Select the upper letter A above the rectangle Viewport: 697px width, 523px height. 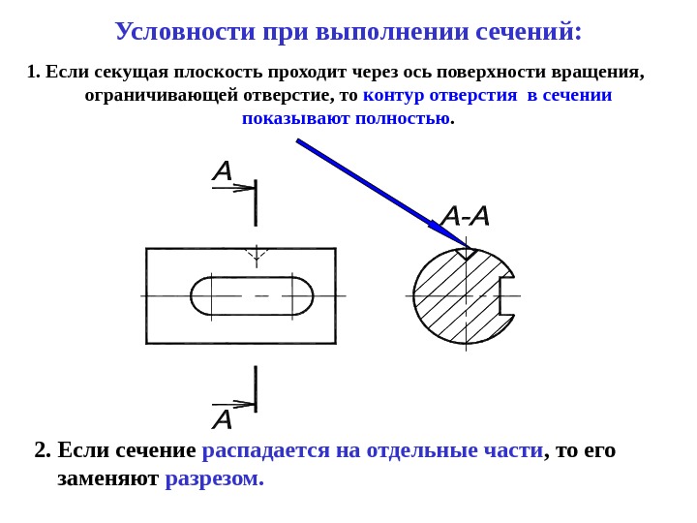(x=223, y=171)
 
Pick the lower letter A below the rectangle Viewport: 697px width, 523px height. (x=223, y=419)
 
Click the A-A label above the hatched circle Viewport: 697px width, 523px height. (x=465, y=216)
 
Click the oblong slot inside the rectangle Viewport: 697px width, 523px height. (x=252, y=295)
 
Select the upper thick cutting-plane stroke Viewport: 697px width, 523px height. (x=256, y=201)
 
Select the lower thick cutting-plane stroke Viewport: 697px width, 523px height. (x=256, y=388)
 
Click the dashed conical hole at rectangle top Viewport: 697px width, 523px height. (x=256, y=256)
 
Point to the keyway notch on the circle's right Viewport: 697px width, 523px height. (x=506, y=294)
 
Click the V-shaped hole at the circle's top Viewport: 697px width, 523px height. (x=466, y=254)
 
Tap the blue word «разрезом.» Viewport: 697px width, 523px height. (x=214, y=478)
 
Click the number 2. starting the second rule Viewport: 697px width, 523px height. (x=43, y=450)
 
